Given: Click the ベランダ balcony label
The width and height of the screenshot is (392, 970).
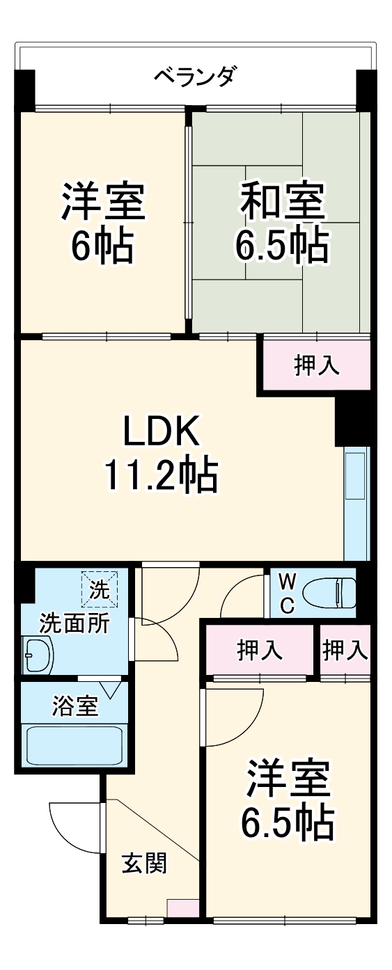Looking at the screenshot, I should tap(195, 74).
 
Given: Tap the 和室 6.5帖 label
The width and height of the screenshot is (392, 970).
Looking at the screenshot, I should tap(281, 221).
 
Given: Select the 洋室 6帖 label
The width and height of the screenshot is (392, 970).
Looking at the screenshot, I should tap(103, 221).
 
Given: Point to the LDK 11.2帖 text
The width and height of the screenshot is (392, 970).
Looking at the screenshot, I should tap(161, 454).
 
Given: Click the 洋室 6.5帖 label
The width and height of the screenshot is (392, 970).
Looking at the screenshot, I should tap(287, 800).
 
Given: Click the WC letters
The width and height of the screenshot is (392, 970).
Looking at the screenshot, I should tap(287, 593).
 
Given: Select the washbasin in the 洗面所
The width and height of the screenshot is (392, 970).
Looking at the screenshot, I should tap(38, 655).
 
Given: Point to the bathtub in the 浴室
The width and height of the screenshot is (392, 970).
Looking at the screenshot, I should tap(74, 745).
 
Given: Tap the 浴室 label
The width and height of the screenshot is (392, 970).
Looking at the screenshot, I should tap(75, 704).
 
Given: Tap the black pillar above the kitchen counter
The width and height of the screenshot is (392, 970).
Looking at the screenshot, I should tap(352, 422).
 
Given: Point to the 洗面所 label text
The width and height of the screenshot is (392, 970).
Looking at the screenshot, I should tap(74, 623).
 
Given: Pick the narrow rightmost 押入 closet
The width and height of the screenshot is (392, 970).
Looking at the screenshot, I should tap(344, 650).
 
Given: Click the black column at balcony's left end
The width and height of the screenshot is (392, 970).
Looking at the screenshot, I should tap(24, 89).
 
